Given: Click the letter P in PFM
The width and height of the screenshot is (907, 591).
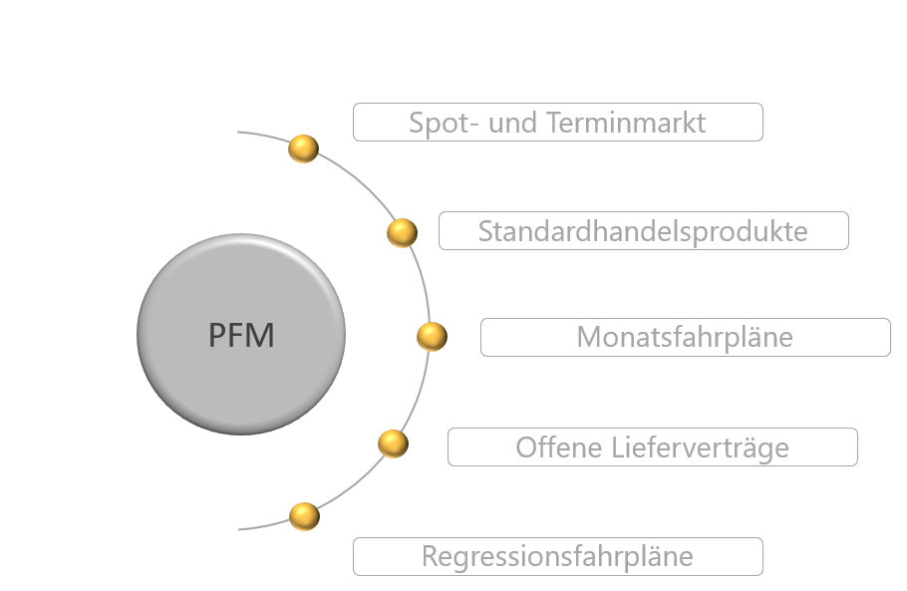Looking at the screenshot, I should coord(218,336).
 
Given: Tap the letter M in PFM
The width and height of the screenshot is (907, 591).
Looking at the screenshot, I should coord(261,336).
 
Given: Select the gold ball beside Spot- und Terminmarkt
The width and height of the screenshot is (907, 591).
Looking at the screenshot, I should coord(303,148).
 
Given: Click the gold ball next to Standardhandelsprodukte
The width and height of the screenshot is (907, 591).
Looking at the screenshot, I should coord(402,233).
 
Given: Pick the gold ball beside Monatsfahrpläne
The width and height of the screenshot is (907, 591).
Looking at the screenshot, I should coord(432,336).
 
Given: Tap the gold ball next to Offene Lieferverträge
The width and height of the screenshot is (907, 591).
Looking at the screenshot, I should coord(394,443).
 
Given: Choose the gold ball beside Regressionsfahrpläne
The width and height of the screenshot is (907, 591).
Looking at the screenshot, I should coord(304,516).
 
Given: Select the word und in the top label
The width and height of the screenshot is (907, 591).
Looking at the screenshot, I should coord(512,123).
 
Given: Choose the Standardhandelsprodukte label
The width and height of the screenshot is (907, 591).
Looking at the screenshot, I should coord(643,231).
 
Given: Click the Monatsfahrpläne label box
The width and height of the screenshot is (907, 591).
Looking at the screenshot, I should coord(685,337).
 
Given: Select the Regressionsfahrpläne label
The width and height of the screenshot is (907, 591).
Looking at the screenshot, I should coord(557,556).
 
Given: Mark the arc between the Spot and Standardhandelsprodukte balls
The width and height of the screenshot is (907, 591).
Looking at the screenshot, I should coord(359,184).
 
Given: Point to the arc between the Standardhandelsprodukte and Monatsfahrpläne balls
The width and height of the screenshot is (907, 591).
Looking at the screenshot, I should coord(423,284).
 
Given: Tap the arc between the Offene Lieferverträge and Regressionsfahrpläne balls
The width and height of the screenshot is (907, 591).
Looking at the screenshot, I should coord(353,486).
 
